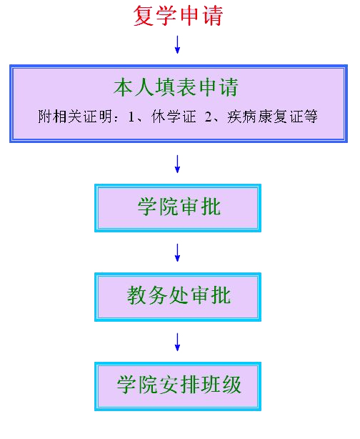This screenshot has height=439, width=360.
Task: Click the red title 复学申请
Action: [178, 16]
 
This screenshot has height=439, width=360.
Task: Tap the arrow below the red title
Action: [177, 44]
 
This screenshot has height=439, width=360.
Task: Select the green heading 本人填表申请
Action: [176, 87]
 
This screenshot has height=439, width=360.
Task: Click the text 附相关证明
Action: [75, 117]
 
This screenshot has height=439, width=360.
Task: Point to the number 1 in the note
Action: [131, 117]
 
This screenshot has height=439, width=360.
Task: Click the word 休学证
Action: [174, 117]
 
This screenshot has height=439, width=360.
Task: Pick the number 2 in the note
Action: [208, 117]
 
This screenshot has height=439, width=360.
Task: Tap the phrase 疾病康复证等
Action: [272, 117]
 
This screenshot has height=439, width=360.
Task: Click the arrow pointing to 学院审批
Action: [177, 164]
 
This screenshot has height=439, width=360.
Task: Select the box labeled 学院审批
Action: [178, 208]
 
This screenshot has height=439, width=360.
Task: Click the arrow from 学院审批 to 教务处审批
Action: [177, 252]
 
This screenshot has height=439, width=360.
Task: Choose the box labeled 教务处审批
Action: [178, 297]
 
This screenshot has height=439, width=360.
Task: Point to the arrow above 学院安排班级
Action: [177, 342]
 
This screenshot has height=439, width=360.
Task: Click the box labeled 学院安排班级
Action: [178, 386]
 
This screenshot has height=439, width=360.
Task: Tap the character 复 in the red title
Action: [144, 16]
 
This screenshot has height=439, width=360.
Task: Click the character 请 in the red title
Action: [213, 16]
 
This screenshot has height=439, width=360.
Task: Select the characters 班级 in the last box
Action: [221, 385]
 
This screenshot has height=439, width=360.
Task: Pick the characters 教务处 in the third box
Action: [159, 295]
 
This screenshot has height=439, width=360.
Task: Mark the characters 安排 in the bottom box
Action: [179, 385]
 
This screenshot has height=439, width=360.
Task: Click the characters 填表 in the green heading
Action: [176, 87]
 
